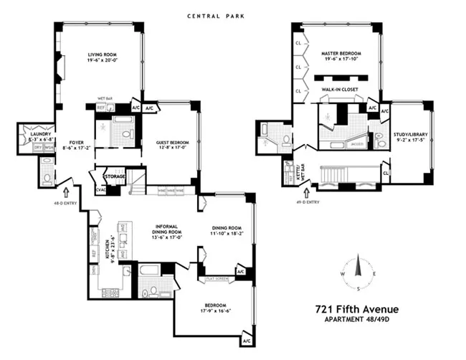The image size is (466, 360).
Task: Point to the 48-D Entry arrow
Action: [66, 191]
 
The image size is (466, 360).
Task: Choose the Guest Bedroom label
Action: [172, 143]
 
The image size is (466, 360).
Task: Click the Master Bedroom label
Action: [341, 54]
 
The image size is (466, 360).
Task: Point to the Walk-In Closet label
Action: [340, 90]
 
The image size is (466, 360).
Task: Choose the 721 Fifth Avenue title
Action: [356, 309]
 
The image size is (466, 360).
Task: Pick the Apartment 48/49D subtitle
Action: [356, 321]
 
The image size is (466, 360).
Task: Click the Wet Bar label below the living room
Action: [105, 99]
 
